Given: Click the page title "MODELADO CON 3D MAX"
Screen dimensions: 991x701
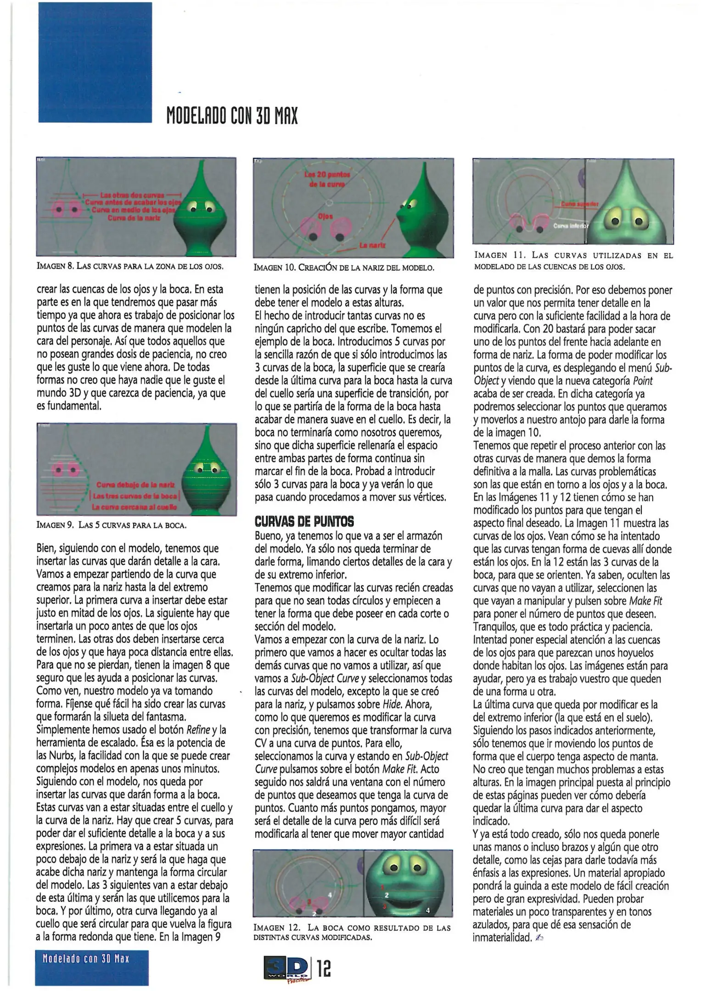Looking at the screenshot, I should pyautogui.click(x=232, y=115).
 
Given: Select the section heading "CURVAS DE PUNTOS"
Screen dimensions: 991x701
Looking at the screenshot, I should pyautogui.click(x=304, y=522).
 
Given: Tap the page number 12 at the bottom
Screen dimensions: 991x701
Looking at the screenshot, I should pyautogui.click(x=324, y=969).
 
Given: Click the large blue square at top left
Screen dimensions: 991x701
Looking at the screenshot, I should pyautogui.click(x=95, y=62).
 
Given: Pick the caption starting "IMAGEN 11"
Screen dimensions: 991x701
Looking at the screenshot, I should pyautogui.click(x=573, y=261).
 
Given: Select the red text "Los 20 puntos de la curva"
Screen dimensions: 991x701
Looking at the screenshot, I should pyautogui.click(x=327, y=179).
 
